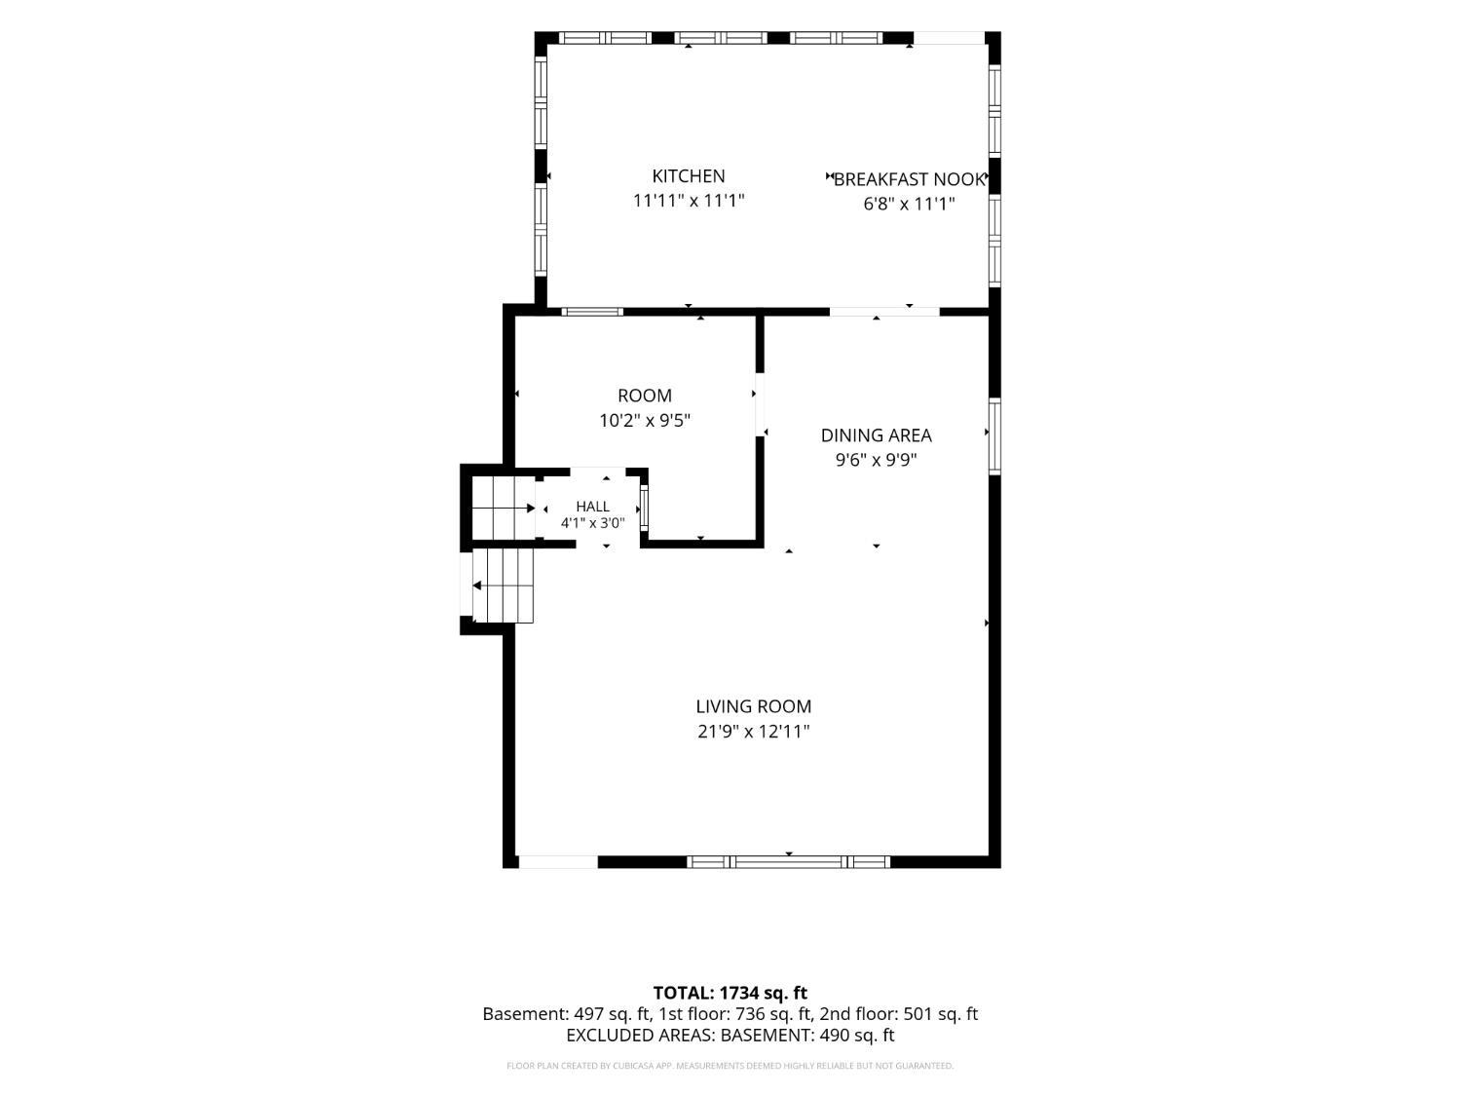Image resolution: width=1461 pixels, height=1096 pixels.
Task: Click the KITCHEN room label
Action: [x=689, y=176]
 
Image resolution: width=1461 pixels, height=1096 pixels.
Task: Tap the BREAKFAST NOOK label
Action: [x=909, y=179]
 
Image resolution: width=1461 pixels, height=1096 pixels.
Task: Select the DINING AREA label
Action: [x=876, y=435]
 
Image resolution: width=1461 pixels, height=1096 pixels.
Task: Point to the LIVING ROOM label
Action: [x=754, y=706]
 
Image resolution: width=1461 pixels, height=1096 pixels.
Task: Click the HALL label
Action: [x=592, y=507]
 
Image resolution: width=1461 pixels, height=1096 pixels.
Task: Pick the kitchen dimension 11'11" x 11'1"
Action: [x=689, y=201]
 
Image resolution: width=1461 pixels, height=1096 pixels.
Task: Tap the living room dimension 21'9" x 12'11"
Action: [x=754, y=732]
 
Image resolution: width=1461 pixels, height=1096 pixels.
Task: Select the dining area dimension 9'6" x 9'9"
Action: [x=876, y=460]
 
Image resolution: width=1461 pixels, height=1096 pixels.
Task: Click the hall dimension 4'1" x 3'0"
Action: [x=592, y=523]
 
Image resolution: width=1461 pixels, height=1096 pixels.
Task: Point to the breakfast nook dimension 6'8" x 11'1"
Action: [x=909, y=204]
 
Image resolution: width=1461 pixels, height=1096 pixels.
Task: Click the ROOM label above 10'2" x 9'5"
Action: [x=645, y=396]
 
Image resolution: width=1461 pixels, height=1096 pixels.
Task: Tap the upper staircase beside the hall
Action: [x=504, y=509]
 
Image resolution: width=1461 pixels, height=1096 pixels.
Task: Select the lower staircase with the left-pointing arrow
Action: [x=504, y=586]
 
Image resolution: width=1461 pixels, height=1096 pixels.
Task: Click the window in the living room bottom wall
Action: [x=788, y=862]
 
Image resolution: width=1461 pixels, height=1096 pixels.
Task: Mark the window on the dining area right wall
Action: [x=994, y=435]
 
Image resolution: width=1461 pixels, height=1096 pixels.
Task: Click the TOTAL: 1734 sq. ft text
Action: [x=730, y=993]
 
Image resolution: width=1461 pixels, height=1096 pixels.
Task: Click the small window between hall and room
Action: [x=644, y=509]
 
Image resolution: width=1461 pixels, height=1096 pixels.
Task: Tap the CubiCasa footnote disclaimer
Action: [x=730, y=1066]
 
